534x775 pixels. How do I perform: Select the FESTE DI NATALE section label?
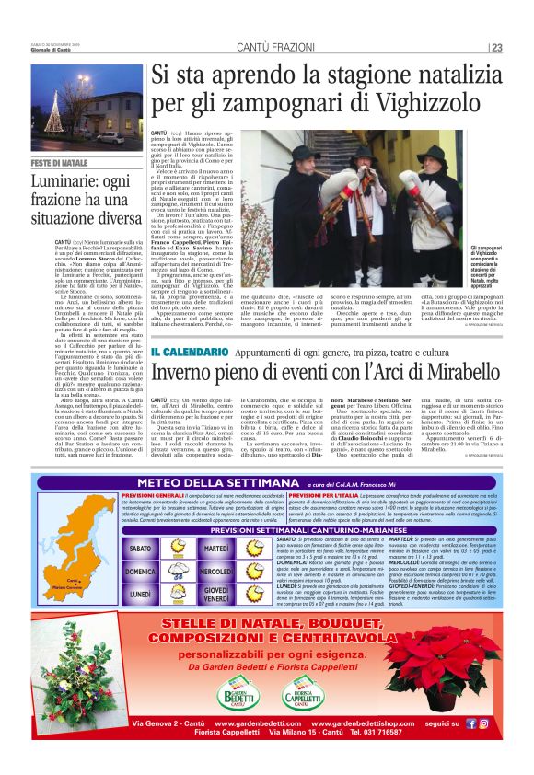(x=60, y=163)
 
